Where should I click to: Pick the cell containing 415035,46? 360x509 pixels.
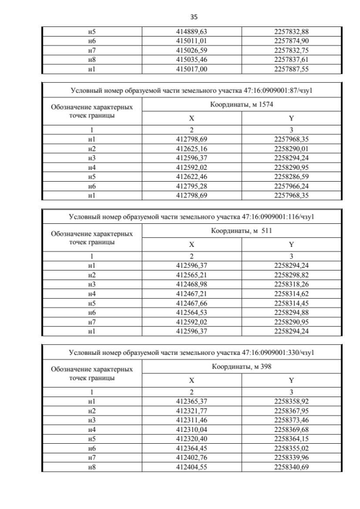coord(192,60)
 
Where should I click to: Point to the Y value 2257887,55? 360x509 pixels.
coord(290,69)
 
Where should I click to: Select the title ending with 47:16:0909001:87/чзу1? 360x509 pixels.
coord(191,89)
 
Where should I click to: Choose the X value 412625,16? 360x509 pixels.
coord(192,148)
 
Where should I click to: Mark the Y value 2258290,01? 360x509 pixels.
coord(290,148)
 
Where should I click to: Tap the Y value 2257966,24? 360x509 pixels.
coord(290,187)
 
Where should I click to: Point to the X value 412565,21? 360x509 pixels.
coord(192,275)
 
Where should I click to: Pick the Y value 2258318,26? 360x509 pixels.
coord(290,285)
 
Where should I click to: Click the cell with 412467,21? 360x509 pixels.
coord(192,294)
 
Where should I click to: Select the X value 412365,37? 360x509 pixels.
coord(192,402)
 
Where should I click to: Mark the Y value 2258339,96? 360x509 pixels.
coord(290,459)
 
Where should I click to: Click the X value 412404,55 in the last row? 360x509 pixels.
coord(192,468)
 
